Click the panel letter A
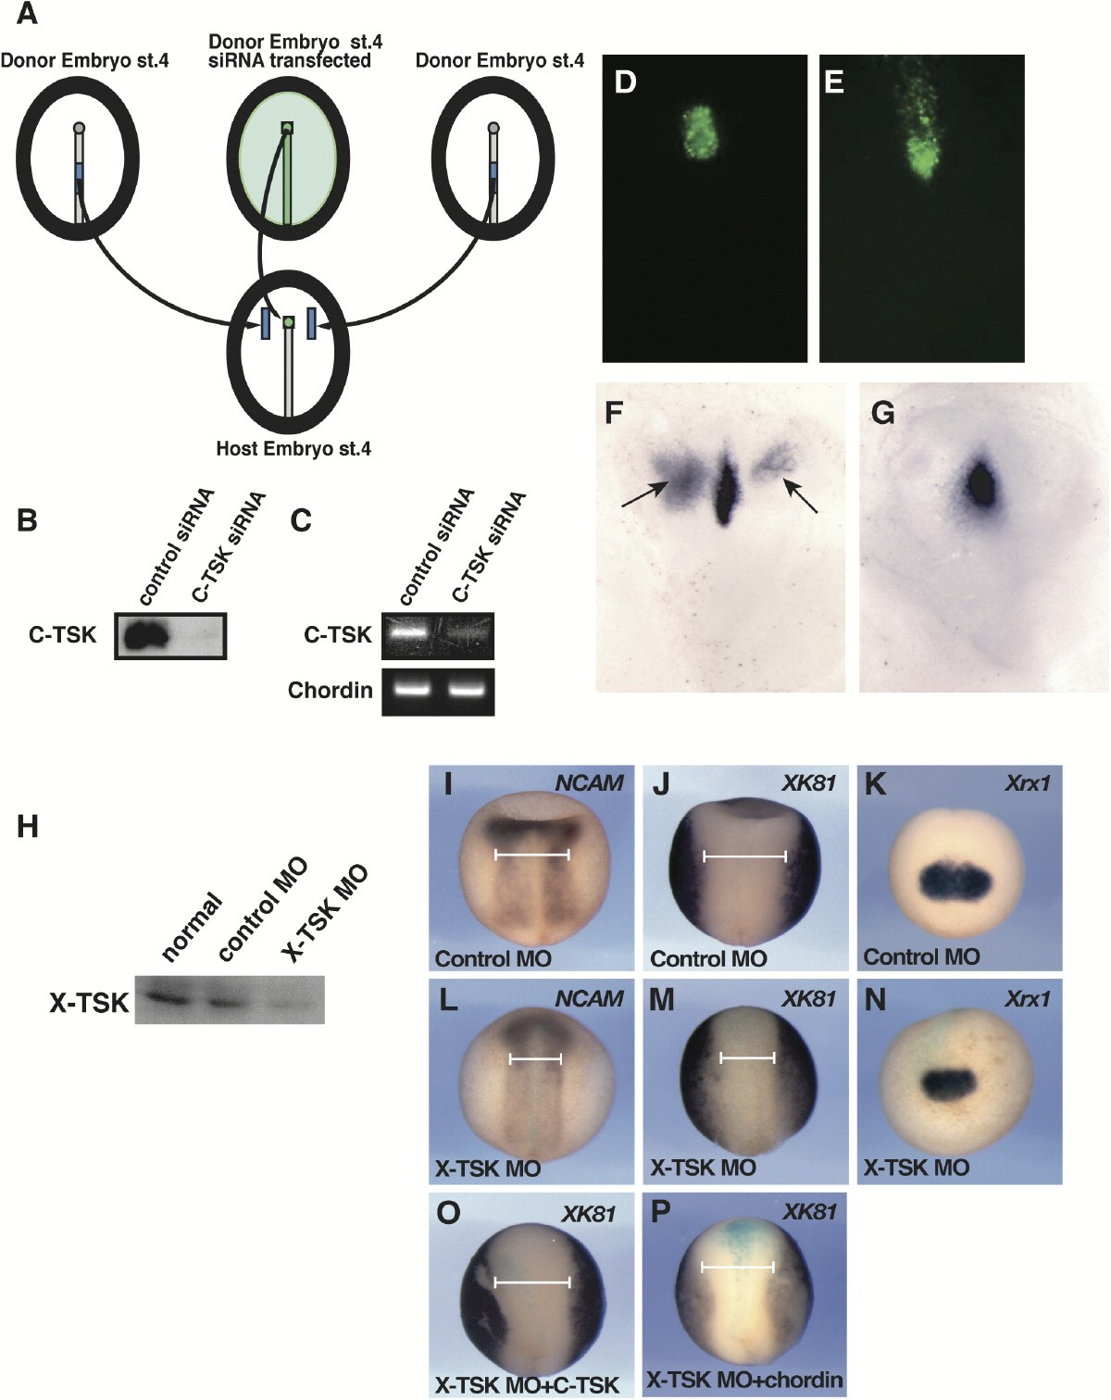point(27,16)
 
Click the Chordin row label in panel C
point(330,691)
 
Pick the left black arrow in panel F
point(645,494)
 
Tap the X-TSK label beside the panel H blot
point(89,1002)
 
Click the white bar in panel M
point(747,1056)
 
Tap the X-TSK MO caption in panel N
point(917,1168)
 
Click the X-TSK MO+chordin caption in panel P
point(745,1380)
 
